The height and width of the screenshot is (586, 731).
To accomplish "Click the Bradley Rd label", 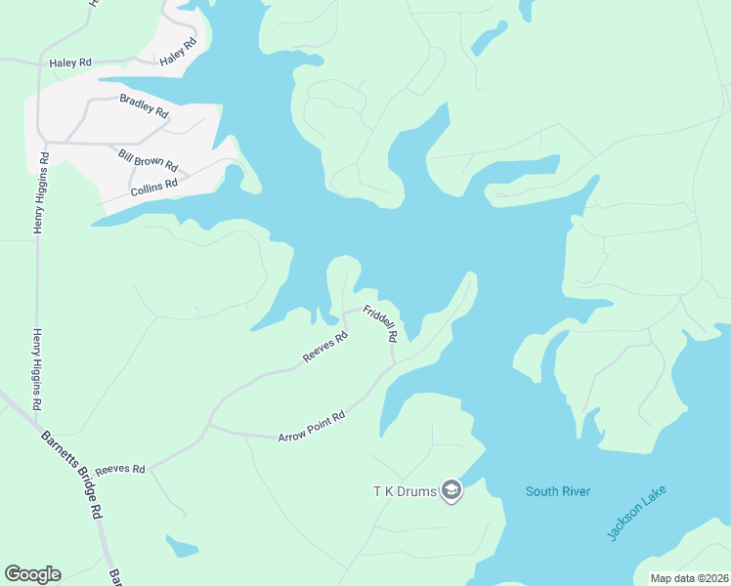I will (x=144, y=105).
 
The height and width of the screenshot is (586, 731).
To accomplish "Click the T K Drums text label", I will (x=403, y=490).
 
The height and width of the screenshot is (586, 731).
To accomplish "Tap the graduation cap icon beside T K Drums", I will (x=451, y=490).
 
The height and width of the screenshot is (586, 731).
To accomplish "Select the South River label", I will (x=558, y=491).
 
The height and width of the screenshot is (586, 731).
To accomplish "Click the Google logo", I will (x=32, y=574).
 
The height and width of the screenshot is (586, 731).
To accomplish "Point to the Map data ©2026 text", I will (x=688, y=578).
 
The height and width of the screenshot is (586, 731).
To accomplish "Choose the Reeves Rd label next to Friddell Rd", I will (x=325, y=349).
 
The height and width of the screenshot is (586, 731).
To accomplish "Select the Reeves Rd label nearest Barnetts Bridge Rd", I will (x=119, y=470).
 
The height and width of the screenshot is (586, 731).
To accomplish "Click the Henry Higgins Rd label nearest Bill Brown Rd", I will (x=40, y=192).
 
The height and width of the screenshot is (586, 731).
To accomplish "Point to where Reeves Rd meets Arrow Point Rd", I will (x=207, y=426).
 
